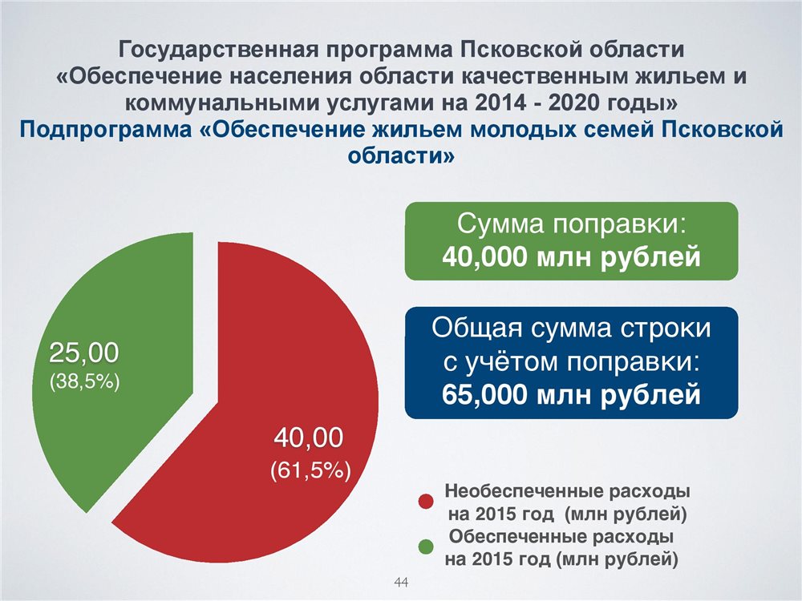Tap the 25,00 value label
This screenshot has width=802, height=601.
84,353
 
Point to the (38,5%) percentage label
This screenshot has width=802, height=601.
84,381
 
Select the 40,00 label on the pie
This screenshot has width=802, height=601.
309,438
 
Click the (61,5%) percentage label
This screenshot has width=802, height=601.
310,470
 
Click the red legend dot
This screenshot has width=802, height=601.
426,502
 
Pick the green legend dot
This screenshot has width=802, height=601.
426,547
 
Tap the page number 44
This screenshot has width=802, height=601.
401,582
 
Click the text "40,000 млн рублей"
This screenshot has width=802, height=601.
571,256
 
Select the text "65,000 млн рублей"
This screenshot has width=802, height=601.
571,394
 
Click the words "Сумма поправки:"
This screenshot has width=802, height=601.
571,224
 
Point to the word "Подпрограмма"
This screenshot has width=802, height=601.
104,130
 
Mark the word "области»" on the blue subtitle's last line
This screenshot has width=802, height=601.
401,155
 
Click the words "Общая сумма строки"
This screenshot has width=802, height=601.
571,328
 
